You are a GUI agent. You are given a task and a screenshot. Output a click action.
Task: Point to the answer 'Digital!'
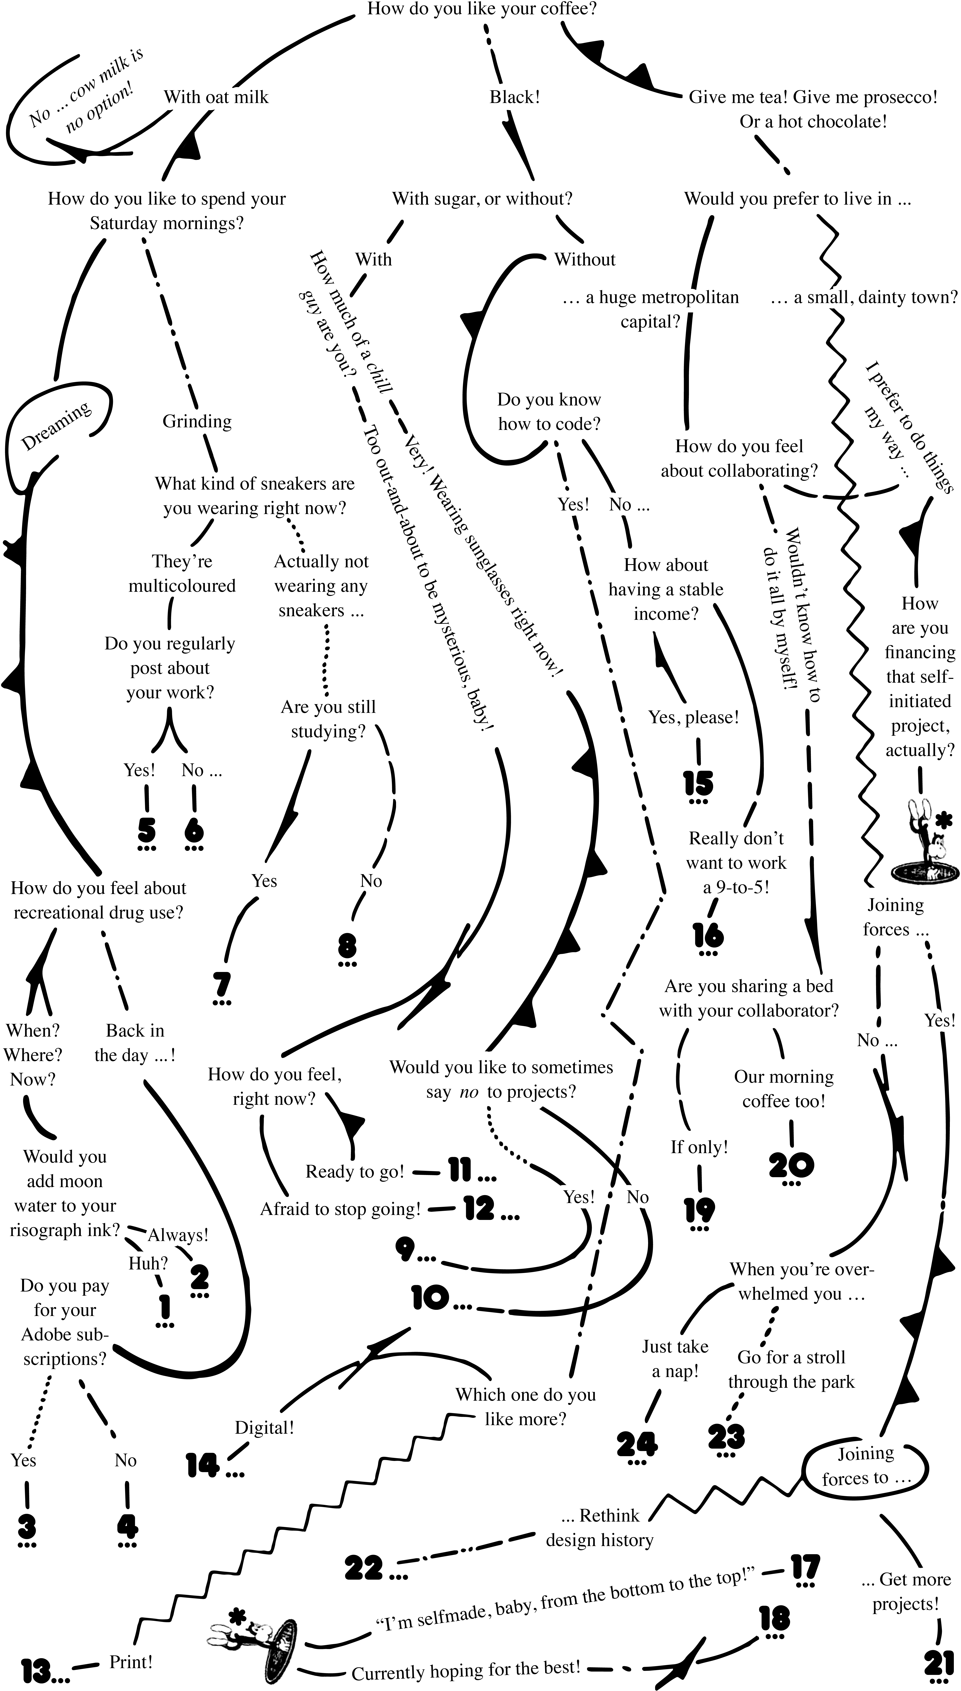265,1427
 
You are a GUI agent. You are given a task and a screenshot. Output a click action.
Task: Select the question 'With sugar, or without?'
482,199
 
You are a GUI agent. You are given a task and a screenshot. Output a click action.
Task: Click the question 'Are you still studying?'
328,719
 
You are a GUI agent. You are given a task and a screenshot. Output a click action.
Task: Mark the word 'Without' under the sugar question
585,259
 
